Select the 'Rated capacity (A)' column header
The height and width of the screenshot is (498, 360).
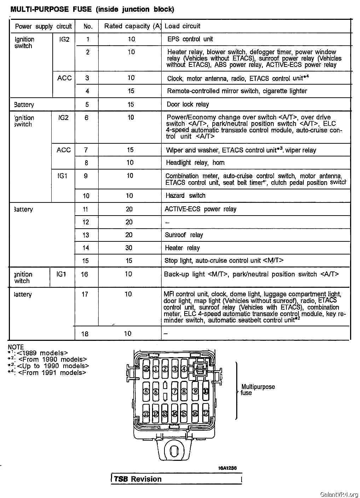(132, 26)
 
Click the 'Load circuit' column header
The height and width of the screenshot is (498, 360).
(182, 26)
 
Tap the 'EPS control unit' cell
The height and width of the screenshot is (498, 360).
(190, 39)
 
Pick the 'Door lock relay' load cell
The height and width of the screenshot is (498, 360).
(188, 104)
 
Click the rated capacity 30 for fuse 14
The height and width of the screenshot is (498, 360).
(129, 248)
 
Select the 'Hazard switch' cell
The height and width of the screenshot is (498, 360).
(185, 196)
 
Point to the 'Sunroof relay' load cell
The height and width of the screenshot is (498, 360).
(184, 235)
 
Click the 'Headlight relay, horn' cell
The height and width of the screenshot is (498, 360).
(195, 163)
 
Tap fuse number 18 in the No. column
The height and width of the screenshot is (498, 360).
(85, 334)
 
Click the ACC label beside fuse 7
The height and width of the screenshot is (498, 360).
(64, 150)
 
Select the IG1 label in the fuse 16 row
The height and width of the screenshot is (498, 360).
(61, 274)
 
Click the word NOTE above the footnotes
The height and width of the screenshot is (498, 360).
(16, 347)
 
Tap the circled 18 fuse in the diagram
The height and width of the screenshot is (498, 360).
(146, 369)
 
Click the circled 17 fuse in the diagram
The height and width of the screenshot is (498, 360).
(205, 413)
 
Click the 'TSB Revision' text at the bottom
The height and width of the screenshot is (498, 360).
(138, 479)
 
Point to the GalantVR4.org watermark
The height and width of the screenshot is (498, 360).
(339, 494)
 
